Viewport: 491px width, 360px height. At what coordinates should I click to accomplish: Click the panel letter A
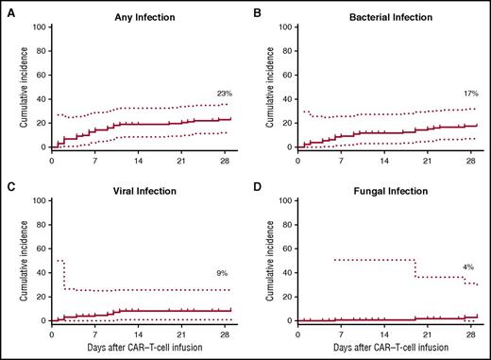tap(8, 9)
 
